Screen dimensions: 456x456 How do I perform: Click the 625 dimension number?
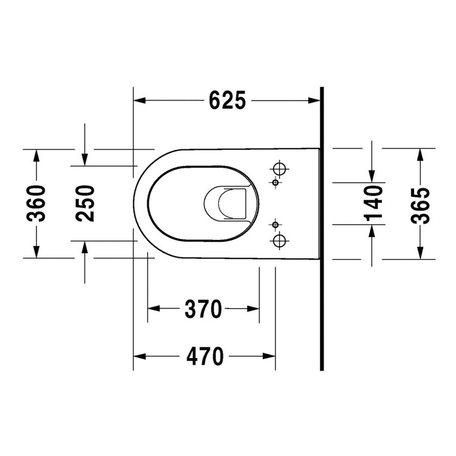coord(227,100)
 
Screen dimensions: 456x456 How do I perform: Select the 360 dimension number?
coord(36,203)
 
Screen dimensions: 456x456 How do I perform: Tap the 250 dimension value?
coord(85,203)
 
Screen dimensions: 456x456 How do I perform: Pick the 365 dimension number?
coord(420,205)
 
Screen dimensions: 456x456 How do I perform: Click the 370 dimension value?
coord(203,308)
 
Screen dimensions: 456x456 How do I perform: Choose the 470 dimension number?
coord(205,356)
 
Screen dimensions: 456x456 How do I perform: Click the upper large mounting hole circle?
coord(280,168)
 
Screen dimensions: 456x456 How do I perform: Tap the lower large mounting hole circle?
coord(280,240)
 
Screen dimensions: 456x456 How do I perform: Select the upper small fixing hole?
coord(275,182)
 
